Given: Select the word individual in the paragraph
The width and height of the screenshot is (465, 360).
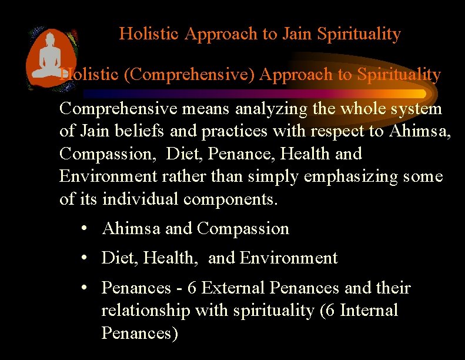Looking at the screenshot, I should [x=141, y=199].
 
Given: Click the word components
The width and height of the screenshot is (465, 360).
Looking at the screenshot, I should [x=230, y=199].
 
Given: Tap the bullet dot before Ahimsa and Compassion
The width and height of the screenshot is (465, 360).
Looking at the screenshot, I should [x=85, y=229].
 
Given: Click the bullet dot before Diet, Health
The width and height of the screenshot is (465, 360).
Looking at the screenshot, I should [x=85, y=258].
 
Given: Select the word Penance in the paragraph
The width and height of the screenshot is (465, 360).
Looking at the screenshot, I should [x=243, y=154].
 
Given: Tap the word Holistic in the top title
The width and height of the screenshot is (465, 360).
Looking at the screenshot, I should [x=149, y=34].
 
